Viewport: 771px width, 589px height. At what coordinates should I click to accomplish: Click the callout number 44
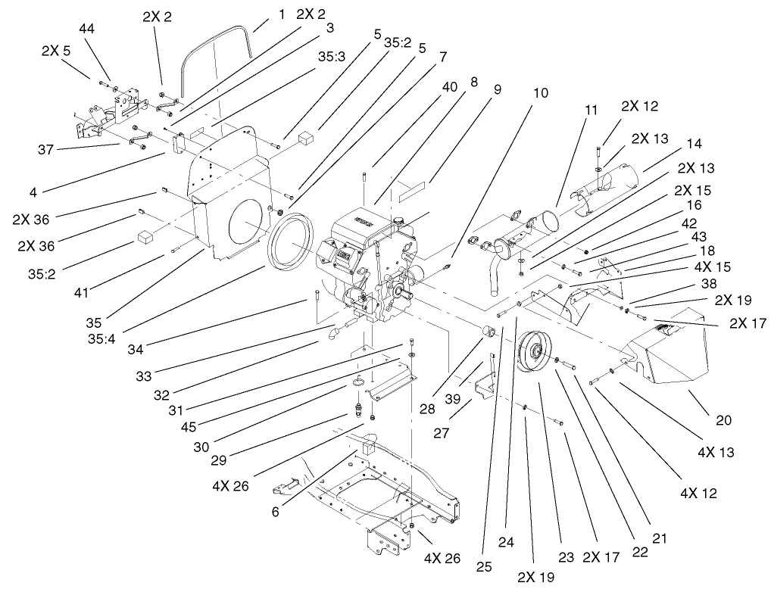coord(88,28)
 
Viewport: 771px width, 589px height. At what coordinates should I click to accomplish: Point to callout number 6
coord(274,512)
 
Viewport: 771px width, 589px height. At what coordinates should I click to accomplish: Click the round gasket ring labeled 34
coord(291,242)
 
